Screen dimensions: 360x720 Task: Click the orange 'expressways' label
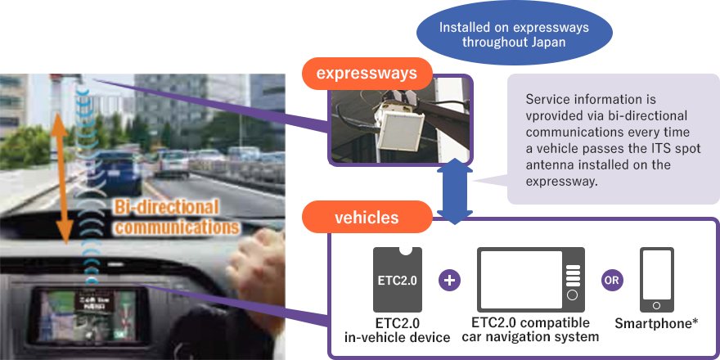coord(367,74)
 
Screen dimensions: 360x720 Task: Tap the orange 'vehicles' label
coord(366,218)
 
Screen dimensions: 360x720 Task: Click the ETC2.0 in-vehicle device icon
coord(397,279)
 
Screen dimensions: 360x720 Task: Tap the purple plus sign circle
coord(450,280)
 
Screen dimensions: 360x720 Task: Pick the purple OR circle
coord(612,280)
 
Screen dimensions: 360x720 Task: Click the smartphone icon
coord(657,279)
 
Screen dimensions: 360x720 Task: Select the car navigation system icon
coord(531,279)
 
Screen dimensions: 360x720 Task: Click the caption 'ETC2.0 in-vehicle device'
coord(396,329)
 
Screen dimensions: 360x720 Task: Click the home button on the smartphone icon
coord(657,305)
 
